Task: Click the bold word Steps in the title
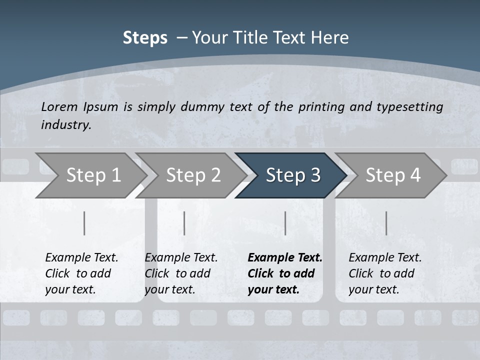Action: click(145, 38)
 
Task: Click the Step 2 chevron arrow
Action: click(193, 175)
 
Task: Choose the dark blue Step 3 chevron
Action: click(292, 175)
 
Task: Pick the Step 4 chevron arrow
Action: click(392, 175)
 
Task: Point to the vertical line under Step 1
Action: click(84, 223)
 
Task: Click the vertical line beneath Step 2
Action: click(184, 223)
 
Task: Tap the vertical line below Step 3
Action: click(285, 223)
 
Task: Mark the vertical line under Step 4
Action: click(386, 223)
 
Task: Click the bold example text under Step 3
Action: click(285, 273)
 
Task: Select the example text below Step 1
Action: click(81, 273)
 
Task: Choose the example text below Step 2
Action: click(181, 273)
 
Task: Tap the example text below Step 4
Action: click(385, 273)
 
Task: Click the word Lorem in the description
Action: click(59, 106)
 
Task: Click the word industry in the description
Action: click(66, 125)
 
